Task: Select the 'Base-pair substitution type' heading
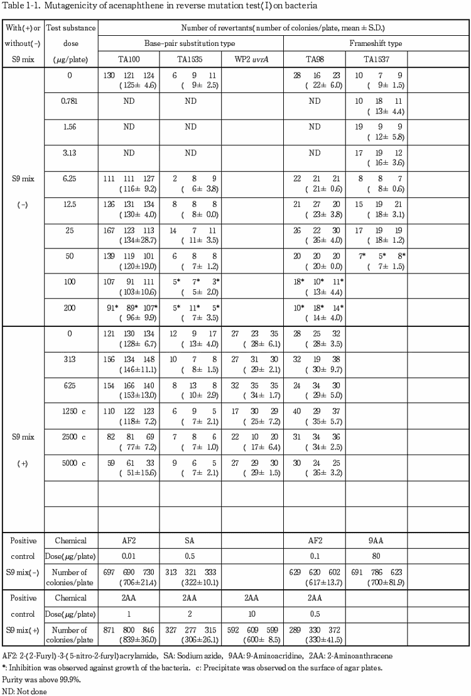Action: coord(192,43)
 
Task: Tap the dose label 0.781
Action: coord(70,101)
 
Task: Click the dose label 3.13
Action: coord(70,152)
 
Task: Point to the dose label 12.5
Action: coord(70,204)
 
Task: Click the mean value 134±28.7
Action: coord(129,240)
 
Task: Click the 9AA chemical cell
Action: coord(376,540)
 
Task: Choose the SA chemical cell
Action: coord(190,540)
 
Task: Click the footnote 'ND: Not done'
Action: coord(24,690)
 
